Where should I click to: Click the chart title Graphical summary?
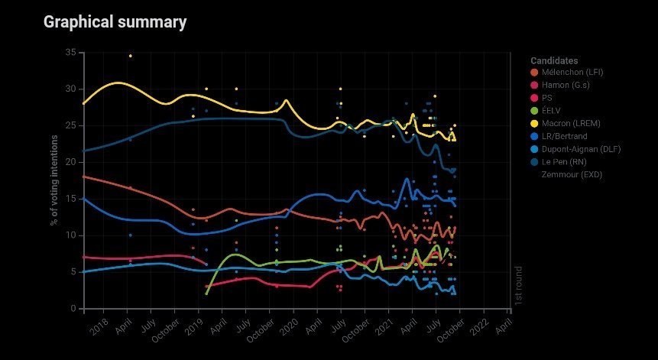115,22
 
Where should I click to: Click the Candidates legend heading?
554,60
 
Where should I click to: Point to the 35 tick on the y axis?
70,52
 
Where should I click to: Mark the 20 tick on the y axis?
70,162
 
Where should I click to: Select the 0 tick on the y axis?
73,309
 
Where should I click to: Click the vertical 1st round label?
519,287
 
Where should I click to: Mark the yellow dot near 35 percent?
131,56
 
